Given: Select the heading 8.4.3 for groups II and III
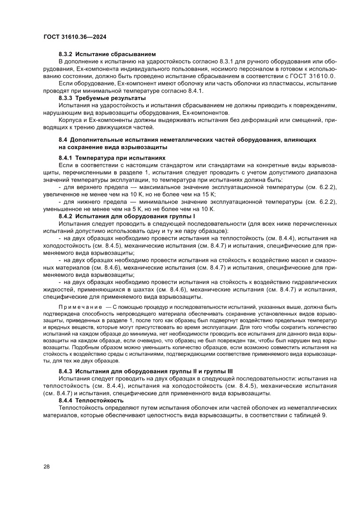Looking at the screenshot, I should tap(145, 371).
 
